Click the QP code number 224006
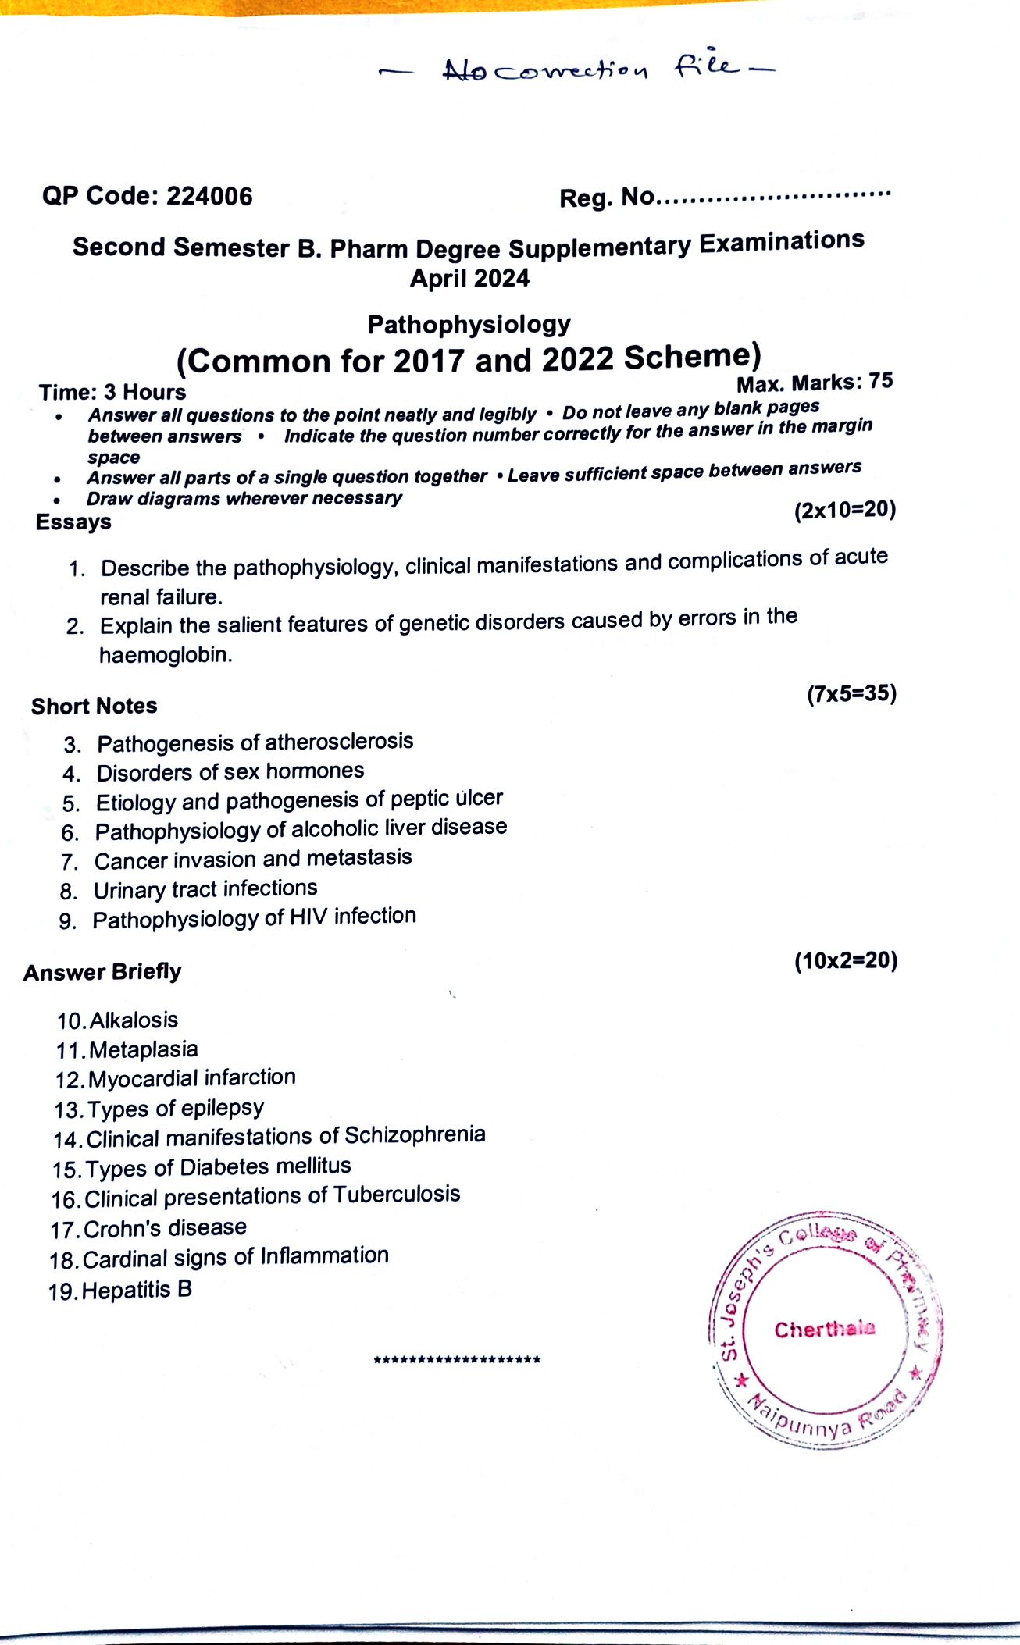209,196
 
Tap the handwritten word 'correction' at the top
571,72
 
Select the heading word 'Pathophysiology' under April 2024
469,325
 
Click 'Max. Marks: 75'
814,383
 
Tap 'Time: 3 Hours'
112,392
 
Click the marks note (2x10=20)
844,510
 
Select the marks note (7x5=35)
851,693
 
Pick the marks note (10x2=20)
846,960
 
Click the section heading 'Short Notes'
95,707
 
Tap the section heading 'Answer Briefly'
102,973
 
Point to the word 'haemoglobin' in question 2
166,654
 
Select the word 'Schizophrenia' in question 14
415,1134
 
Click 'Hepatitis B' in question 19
137,1290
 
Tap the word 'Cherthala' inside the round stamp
825,1329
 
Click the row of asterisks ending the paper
457,1361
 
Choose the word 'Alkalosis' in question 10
134,1020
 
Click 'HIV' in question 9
308,917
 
